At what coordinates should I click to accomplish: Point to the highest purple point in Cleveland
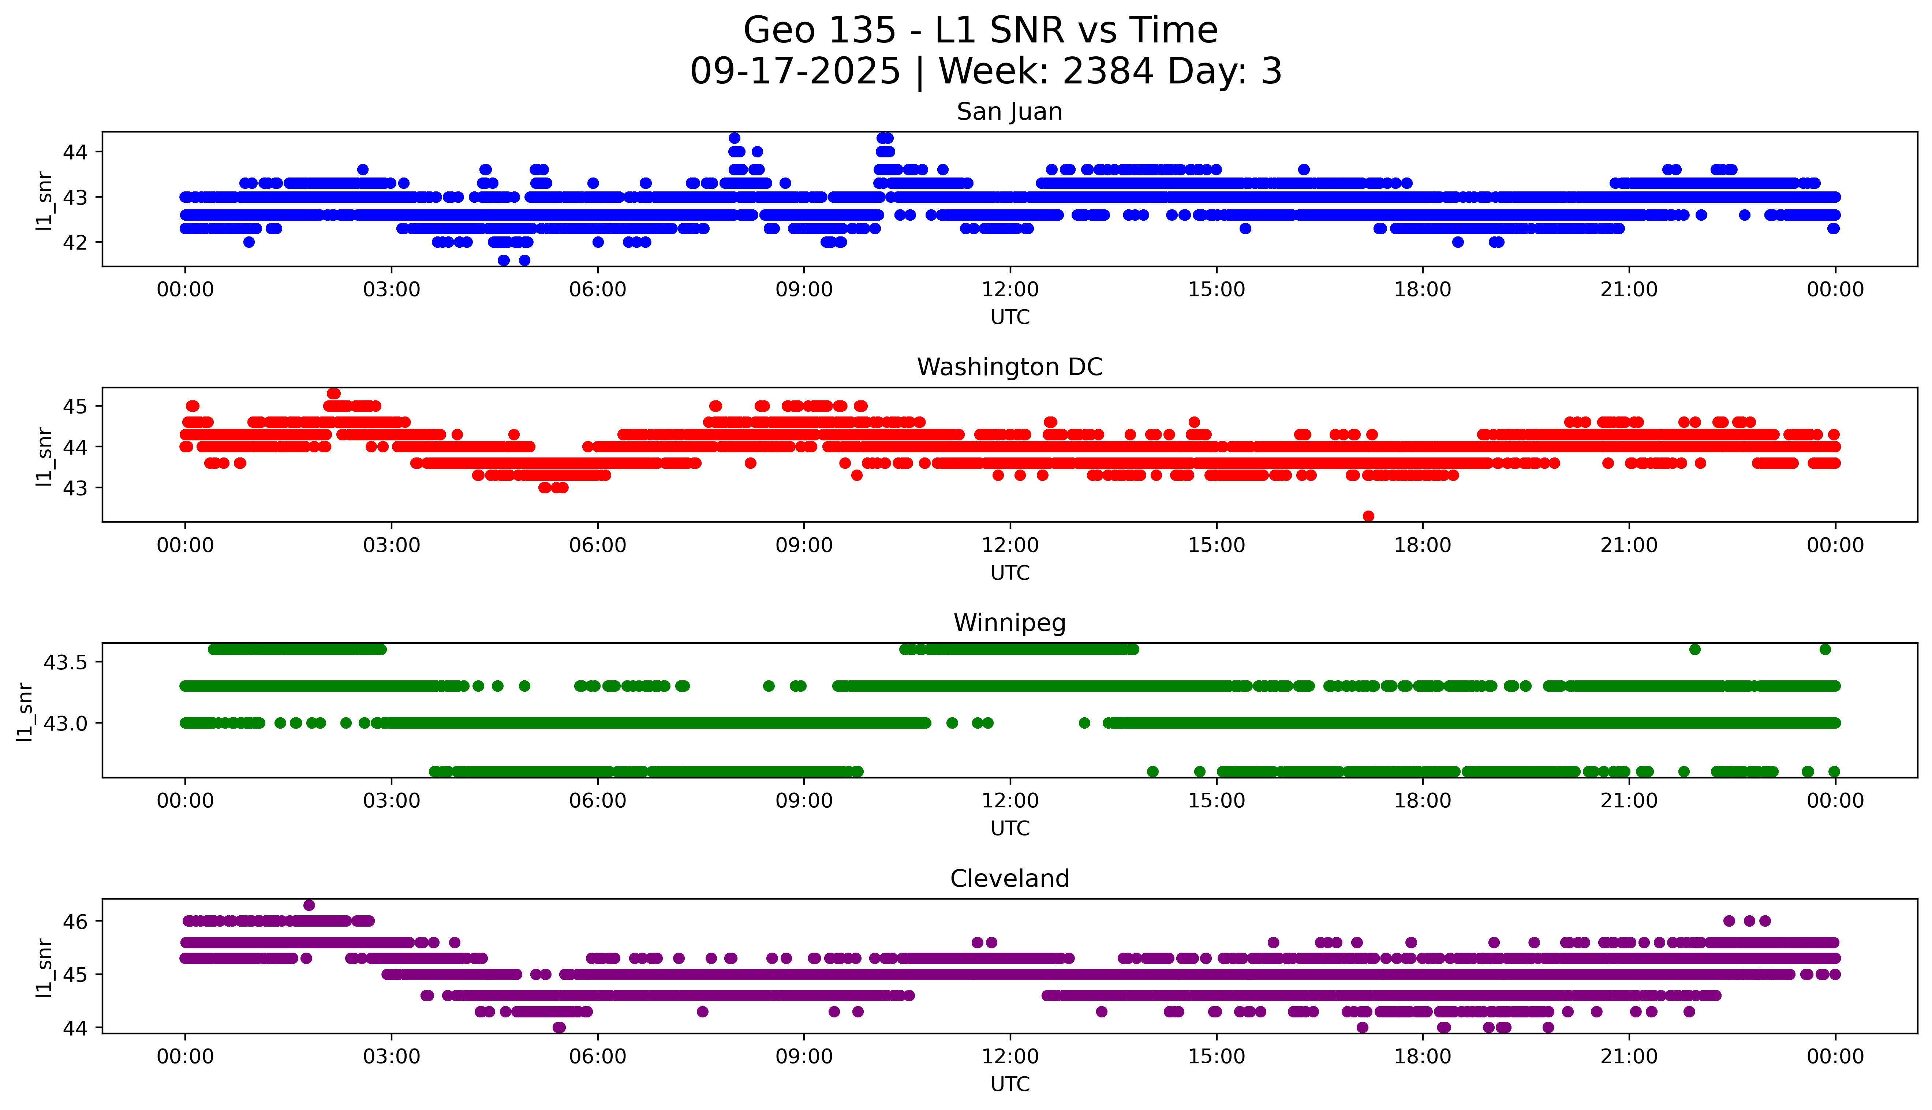(x=309, y=905)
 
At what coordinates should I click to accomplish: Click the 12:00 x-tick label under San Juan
(x=1010, y=290)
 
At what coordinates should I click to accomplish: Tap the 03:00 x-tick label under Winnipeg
(x=392, y=800)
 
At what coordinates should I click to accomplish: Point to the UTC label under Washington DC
(x=1010, y=572)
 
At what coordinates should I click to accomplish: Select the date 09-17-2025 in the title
(x=795, y=72)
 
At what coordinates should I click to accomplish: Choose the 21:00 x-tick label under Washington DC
(x=1629, y=545)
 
